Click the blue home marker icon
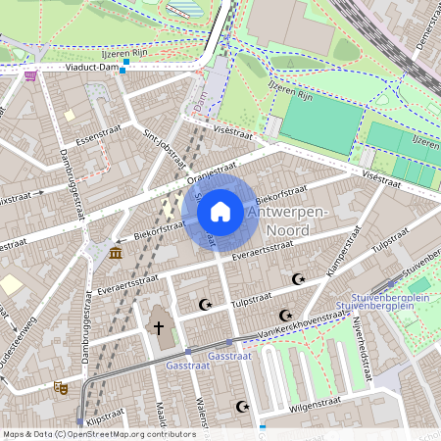[220, 212]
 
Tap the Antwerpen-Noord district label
[294, 221]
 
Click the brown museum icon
[117, 254]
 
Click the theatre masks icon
[61, 388]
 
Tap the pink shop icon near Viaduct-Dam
[30, 74]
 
